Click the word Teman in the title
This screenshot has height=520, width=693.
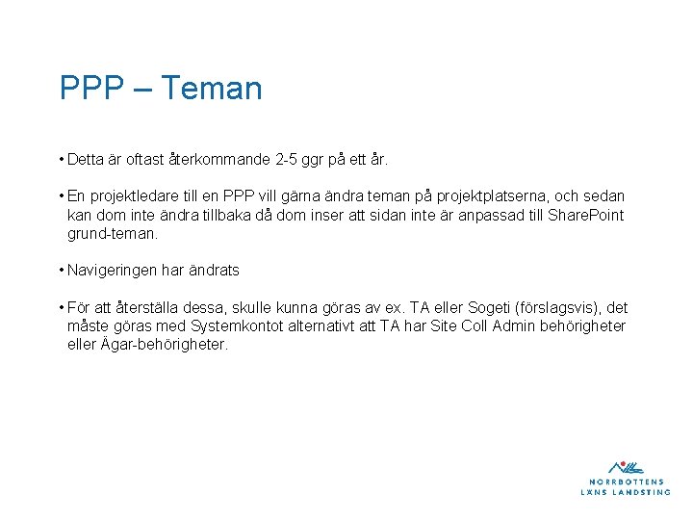211,89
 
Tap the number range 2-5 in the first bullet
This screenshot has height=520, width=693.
285,158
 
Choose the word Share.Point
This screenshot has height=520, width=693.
585,214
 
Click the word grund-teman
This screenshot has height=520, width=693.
112,233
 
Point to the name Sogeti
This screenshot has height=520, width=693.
491,308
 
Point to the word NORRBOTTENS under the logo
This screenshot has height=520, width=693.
626,481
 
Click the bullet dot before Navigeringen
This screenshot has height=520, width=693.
61,271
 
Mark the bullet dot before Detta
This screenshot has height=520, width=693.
61,158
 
